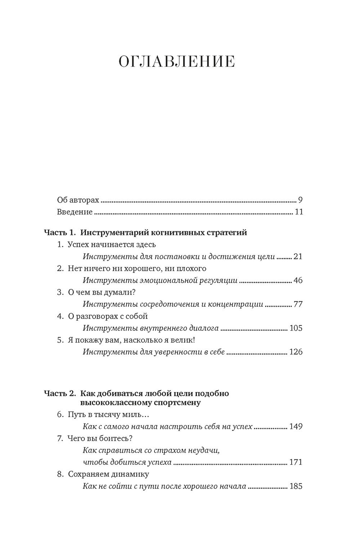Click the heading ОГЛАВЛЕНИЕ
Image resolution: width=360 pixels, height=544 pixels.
177,62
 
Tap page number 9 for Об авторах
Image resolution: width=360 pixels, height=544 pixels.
300,200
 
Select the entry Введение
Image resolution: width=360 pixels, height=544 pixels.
75,212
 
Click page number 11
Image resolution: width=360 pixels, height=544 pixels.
299,212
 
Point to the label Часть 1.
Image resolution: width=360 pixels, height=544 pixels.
59,233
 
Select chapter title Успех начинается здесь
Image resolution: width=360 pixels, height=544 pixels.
112,244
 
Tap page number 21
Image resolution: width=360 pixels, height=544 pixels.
298,257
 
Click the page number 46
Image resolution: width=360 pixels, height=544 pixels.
298,280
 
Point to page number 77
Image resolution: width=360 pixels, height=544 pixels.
298,304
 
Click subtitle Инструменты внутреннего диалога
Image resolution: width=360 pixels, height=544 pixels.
150,328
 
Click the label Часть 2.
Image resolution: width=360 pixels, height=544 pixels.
59,393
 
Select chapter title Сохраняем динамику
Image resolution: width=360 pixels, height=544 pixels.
108,474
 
